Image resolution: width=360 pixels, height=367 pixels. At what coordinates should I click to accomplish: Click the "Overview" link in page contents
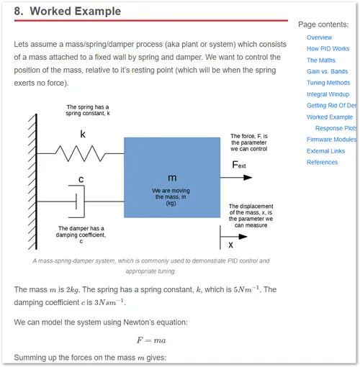click(x=319, y=37)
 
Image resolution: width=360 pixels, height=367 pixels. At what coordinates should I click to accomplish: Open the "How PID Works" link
click(x=328, y=49)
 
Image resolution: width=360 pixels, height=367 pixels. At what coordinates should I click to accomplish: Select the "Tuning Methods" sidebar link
click(x=328, y=83)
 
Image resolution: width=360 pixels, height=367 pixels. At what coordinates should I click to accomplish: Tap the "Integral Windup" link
click(x=328, y=94)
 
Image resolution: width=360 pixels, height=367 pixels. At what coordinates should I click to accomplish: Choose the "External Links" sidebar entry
click(x=325, y=151)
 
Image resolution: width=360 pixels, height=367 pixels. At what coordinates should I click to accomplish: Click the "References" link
click(x=322, y=163)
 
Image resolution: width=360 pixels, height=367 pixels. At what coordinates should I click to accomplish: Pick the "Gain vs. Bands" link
click(x=327, y=71)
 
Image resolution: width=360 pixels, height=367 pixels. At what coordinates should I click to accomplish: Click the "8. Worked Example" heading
click(x=68, y=12)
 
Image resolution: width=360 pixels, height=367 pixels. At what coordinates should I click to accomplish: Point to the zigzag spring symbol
click(x=80, y=153)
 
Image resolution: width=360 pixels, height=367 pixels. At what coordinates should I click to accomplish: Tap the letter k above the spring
click(x=83, y=135)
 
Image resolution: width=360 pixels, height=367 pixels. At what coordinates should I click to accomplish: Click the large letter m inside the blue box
click(x=172, y=178)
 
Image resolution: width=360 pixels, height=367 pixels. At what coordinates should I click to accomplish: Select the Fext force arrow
click(x=236, y=178)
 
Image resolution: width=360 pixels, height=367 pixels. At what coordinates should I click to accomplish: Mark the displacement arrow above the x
click(x=234, y=237)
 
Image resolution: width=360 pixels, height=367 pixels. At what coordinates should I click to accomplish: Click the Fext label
click(x=239, y=165)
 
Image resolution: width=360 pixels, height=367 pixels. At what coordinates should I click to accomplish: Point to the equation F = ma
click(x=151, y=340)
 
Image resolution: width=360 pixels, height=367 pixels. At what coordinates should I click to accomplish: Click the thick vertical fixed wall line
click(x=36, y=181)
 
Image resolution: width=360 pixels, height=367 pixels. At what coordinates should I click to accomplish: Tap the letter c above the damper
click(x=81, y=179)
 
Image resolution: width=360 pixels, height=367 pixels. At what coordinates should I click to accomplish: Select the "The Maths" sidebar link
click(x=321, y=60)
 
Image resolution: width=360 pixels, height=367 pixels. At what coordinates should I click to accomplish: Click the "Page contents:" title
click(x=323, y=24)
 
